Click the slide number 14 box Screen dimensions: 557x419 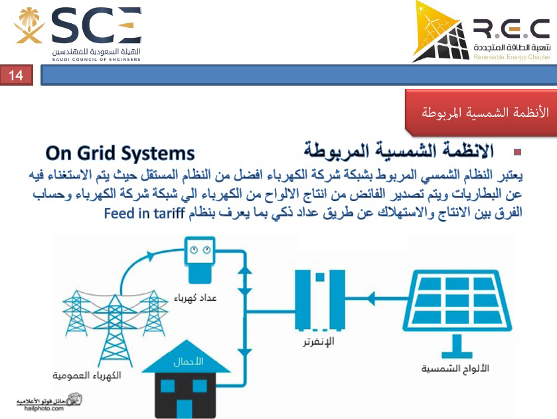[x=17, y=75]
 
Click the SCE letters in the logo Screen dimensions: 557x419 [x=97, y=25]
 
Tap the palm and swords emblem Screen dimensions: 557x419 [x=29, y=26]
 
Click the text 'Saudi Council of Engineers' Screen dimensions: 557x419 [x=96, y=59]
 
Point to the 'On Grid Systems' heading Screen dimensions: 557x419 [x=120, y=153]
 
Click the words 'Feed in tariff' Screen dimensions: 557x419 [x=144, y=214]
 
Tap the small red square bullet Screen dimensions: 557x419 [x=517, y=152]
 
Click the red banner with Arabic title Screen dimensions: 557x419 [x=481, y=113]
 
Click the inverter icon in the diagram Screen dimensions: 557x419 [x=320, y=299]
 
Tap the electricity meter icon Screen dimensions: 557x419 [x=200, y=260]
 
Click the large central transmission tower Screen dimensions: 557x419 [x=115, y=331]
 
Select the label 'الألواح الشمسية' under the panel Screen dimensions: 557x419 [x=455, y=369]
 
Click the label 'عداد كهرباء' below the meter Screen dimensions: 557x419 [x=195, y=297]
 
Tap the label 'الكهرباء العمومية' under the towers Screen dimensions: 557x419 [x=87, y=375]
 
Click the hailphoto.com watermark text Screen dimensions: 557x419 [x=44, y=408]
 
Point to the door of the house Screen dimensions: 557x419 [x=184, y=408]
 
